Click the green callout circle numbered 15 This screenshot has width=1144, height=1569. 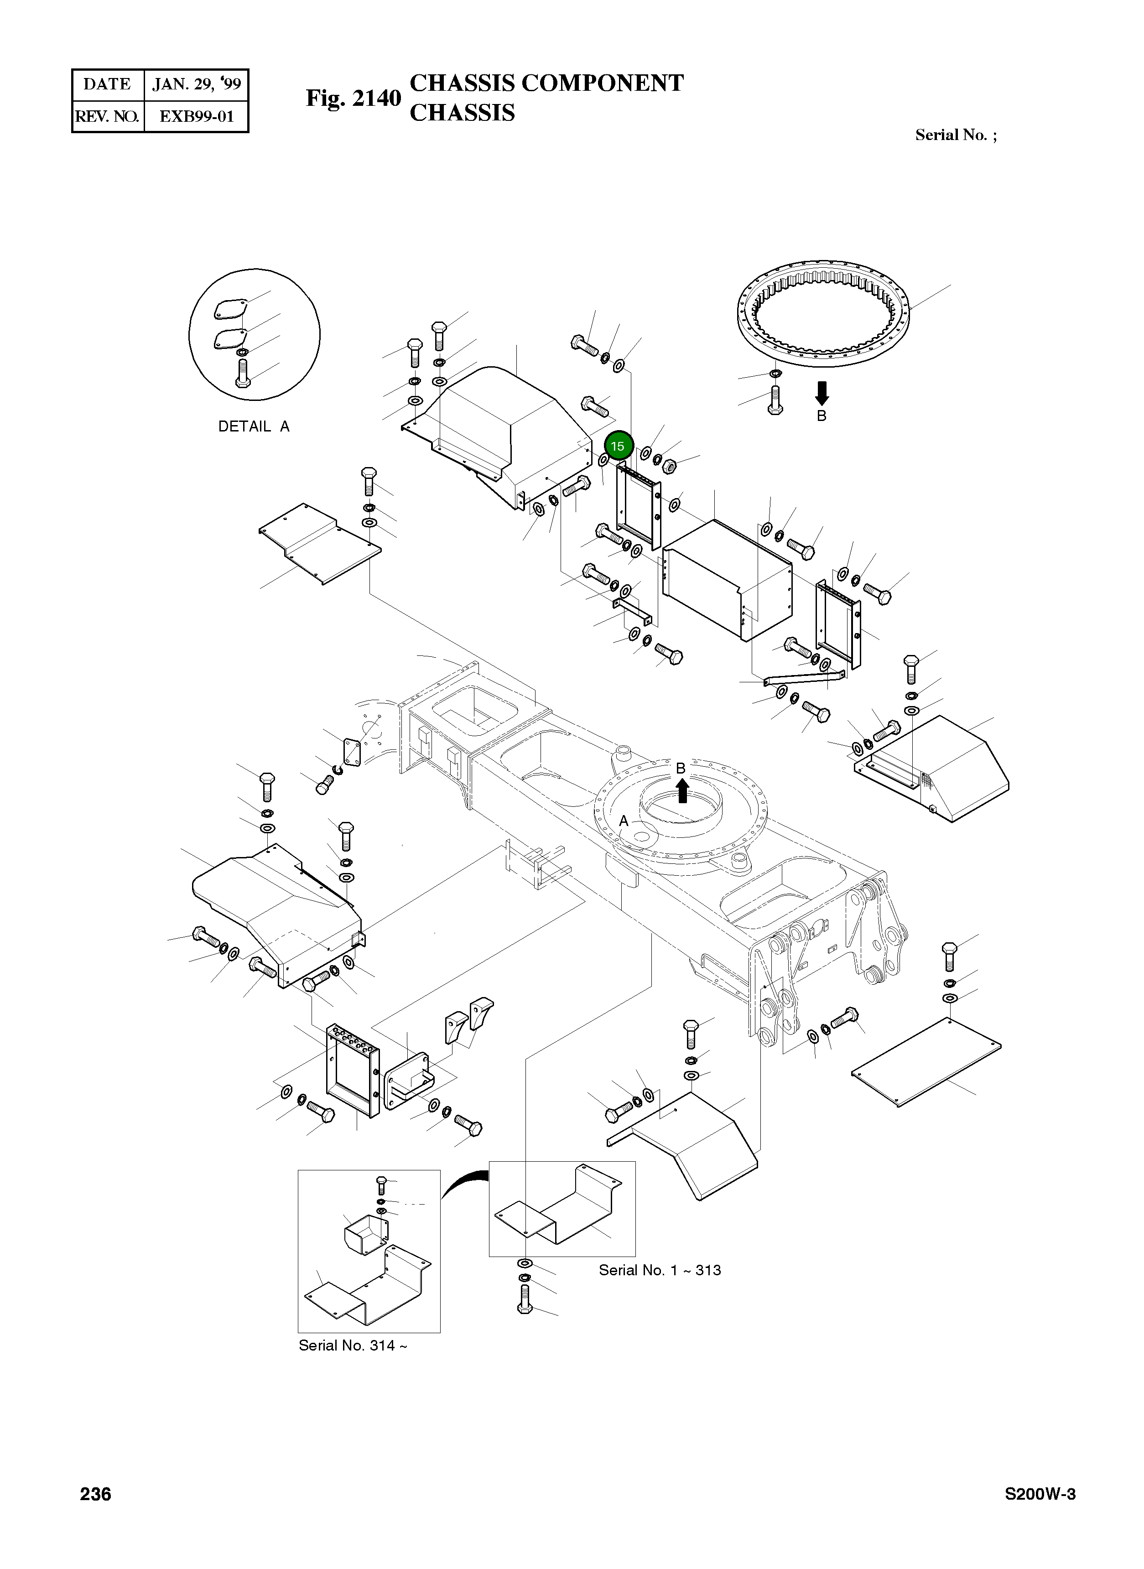pyautogui.click(x=617, y=446)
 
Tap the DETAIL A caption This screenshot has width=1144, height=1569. pyautogui.click(x=254, y=426)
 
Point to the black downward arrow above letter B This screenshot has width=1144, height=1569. pyautogui.click(x=822, y=393)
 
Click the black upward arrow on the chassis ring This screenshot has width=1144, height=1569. pyautogui.click(x=682, y=790)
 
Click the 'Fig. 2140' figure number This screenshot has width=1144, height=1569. pyautogui.click(x=353, y=99)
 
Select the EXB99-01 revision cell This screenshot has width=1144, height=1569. pyautogui.click(x=197, y=116)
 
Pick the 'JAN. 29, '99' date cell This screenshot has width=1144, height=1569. pyautogui.click(x=197, y=84)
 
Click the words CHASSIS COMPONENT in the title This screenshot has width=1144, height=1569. pyautogui.click(x=546, y=83)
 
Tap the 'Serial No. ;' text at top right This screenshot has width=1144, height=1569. pyautogui.click(x=956, y=135)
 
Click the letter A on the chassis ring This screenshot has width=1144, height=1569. pyautogui.click(x=623, y=821)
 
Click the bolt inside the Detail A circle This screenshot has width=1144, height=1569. pyautogui.click(x=242, y=374)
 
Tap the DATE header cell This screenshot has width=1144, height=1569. pyautogui.click(x=107, y=84)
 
